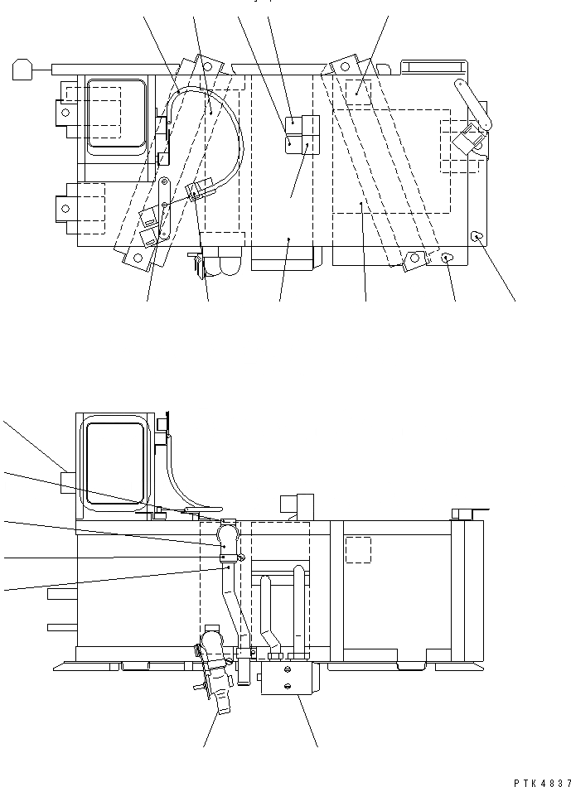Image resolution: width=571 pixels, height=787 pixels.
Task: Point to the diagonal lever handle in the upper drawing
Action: [473, 104]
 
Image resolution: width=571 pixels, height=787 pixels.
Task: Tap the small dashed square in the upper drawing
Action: [358, 91]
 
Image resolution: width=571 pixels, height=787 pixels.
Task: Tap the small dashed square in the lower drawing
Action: [357, 549]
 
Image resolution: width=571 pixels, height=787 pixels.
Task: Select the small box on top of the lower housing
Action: [297, 506]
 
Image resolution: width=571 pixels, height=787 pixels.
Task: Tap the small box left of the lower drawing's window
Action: [68, 481]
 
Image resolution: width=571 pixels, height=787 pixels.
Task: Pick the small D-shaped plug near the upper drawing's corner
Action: [477, 237]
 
